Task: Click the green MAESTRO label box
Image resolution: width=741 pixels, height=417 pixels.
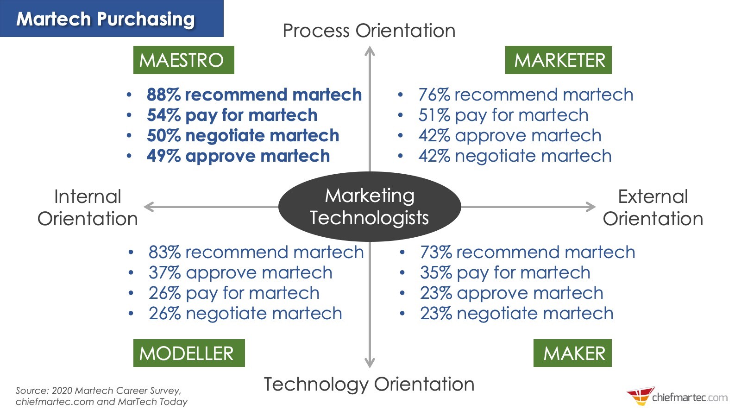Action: (183, 60)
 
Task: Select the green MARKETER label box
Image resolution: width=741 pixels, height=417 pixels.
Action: (558, 60)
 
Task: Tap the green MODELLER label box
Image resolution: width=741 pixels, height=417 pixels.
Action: (188, 353)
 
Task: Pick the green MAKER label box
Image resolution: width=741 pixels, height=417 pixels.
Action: (572, 353)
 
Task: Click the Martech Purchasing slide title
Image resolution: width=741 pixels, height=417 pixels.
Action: (106, 19)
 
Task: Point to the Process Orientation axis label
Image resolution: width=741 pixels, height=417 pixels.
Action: (369, 31)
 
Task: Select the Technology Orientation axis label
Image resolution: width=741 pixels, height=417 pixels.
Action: (369, 384)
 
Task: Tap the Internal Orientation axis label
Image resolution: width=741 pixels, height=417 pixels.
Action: (88, 208)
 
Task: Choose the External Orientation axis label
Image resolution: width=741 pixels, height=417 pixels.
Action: (653, 208)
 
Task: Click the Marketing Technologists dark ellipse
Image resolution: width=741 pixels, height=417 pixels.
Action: (369, 207)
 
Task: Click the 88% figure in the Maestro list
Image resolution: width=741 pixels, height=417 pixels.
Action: (163, 95)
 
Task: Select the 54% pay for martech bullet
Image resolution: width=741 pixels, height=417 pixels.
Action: (232, 115)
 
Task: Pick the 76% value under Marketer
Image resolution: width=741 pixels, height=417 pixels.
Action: (434, 95)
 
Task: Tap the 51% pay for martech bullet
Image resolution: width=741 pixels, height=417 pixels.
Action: (503, 115)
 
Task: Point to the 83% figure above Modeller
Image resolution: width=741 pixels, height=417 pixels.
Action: (164, 252)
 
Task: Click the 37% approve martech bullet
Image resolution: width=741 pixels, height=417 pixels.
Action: (240, 272)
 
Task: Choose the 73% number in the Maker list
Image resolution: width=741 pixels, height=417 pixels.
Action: (436, 252)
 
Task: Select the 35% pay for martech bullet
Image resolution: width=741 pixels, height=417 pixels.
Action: (505, 272)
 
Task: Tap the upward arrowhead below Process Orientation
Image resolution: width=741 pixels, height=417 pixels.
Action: (369, 51)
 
